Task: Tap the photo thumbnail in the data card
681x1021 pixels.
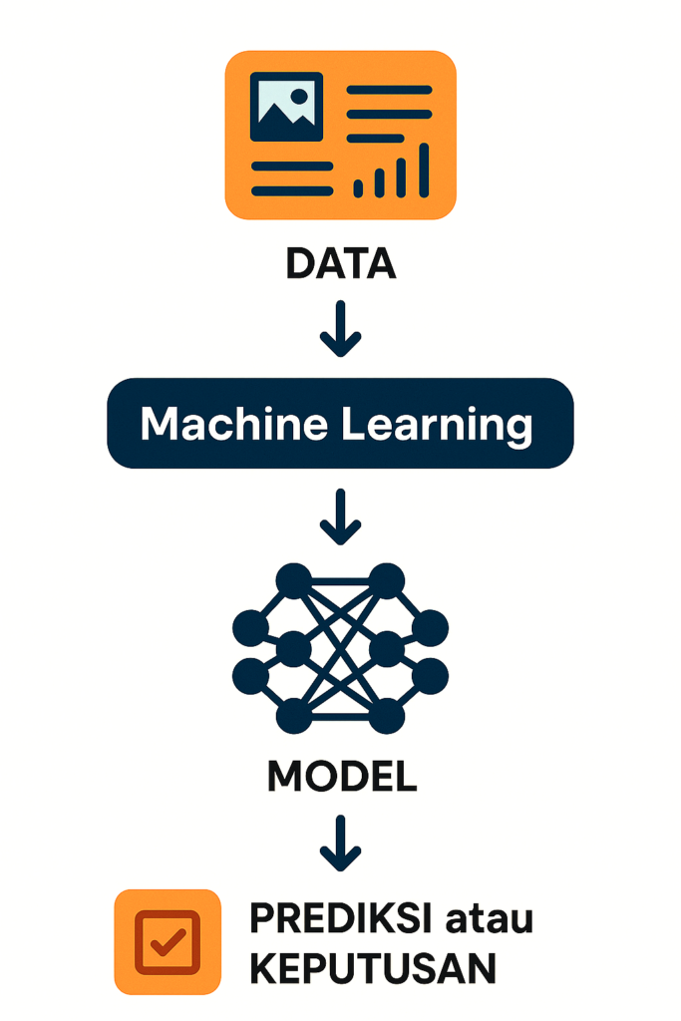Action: pos(286,106)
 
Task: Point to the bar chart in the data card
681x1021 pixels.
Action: pos(392,170)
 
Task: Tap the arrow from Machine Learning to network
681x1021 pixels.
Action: pos(340,516)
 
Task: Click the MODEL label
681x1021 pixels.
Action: pos(341,777)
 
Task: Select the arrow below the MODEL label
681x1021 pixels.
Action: pos(340,843)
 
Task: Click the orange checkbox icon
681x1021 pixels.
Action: pos(168,941)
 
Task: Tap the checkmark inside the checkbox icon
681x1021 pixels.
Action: pos(169,941)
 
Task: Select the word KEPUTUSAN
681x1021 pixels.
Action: pos(372,968)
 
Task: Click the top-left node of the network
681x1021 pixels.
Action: pos(294,580)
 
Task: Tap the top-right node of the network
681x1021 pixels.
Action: pos(387,580)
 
